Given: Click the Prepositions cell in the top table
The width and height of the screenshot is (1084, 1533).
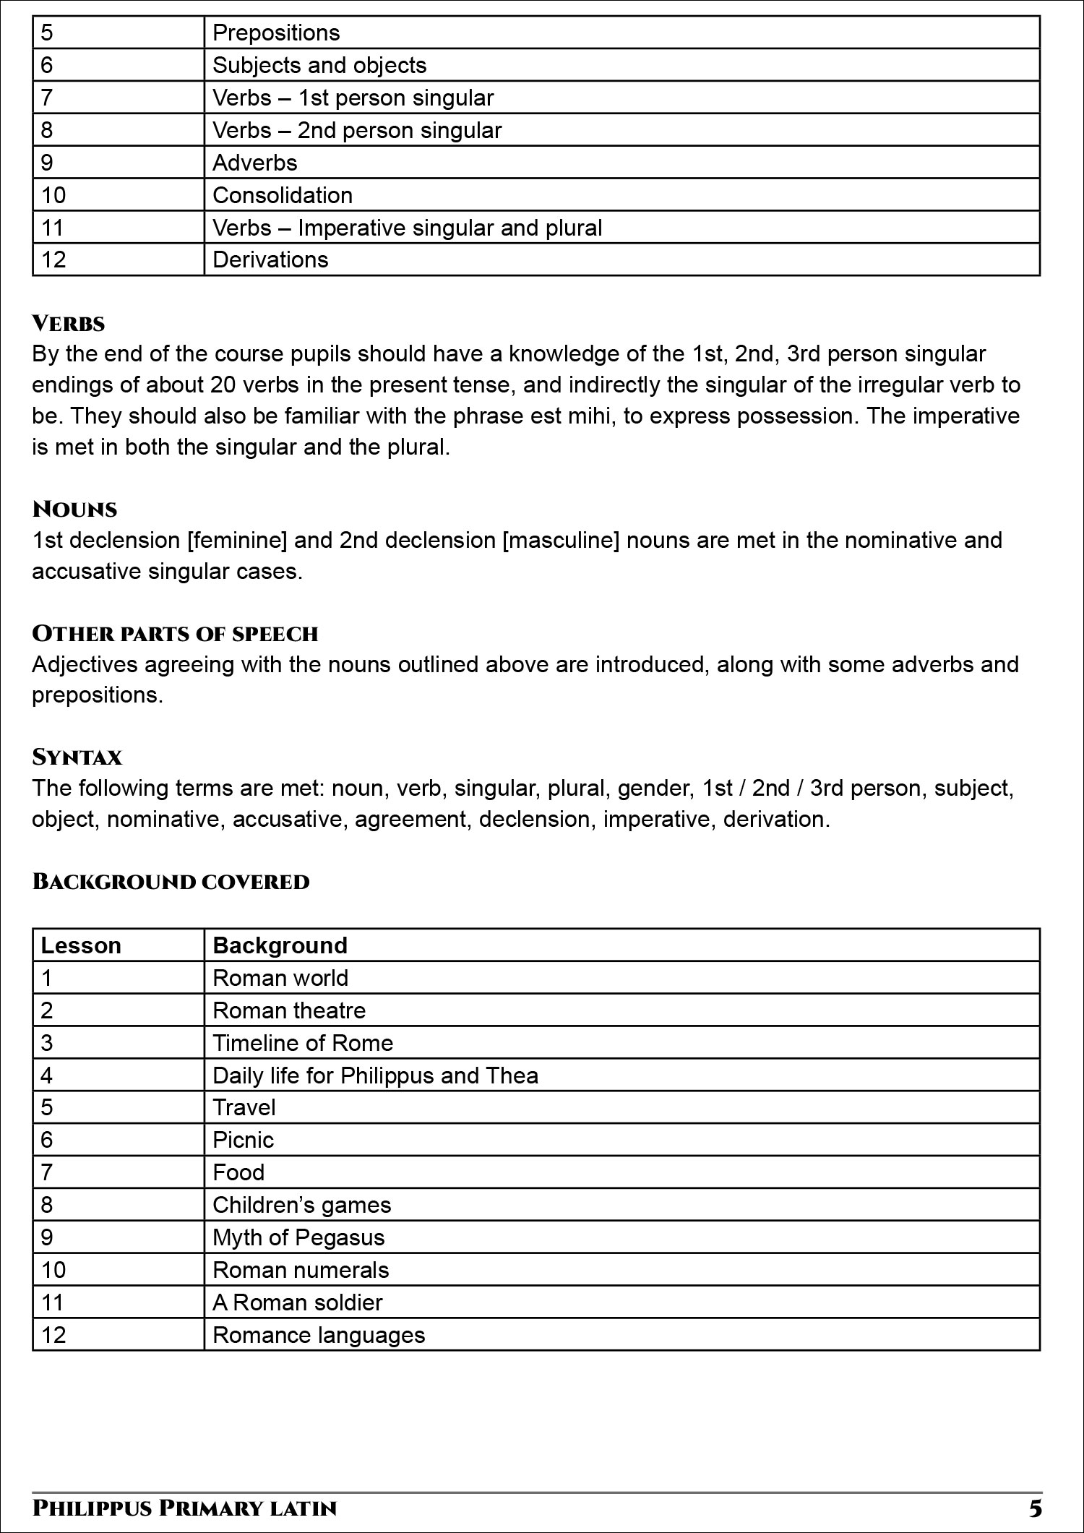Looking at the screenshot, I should click(x=276, y=33).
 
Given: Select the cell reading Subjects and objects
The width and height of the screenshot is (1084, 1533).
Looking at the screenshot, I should click(x=319, y=66).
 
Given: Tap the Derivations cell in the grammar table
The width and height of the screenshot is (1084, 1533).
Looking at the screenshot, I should click(x=270, y=260).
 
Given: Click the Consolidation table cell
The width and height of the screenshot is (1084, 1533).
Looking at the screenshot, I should click(x=283, y=196).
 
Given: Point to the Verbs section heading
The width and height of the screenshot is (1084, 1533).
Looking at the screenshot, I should click(x=69, y=324).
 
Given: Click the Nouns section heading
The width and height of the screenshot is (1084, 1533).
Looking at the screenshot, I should click(x=74, y=510).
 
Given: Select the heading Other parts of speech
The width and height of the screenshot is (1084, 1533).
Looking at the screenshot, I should click(x=175, y=634).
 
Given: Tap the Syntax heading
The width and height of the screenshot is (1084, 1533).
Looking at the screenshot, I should click(x=77, y=757).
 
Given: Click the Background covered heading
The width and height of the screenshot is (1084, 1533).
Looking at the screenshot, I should click(x=171, y=882).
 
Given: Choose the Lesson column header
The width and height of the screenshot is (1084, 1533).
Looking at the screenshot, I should click(x=81, y=946).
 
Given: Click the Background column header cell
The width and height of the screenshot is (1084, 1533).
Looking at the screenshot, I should click(x=280, y=946).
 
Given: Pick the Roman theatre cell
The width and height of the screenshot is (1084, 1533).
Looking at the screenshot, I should click(x=289, y=1010).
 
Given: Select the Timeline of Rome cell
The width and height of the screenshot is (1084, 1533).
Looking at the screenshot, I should click(x=303, y=1043).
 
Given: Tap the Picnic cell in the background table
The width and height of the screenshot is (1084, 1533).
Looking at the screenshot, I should click(x=244, y=1140).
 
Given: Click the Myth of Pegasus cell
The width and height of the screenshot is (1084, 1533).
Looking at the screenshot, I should click(x=298, y=1237).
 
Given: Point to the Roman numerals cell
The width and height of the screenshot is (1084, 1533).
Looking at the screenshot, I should click(x=301, y=1270).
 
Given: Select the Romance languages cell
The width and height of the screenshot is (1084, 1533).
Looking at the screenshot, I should click(x=319, y=1335).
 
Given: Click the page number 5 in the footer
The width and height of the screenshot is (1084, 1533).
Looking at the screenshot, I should click(x=1036, y=1508).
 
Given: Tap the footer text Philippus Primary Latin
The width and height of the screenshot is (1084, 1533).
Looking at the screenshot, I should click(x=184, y=1508).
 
